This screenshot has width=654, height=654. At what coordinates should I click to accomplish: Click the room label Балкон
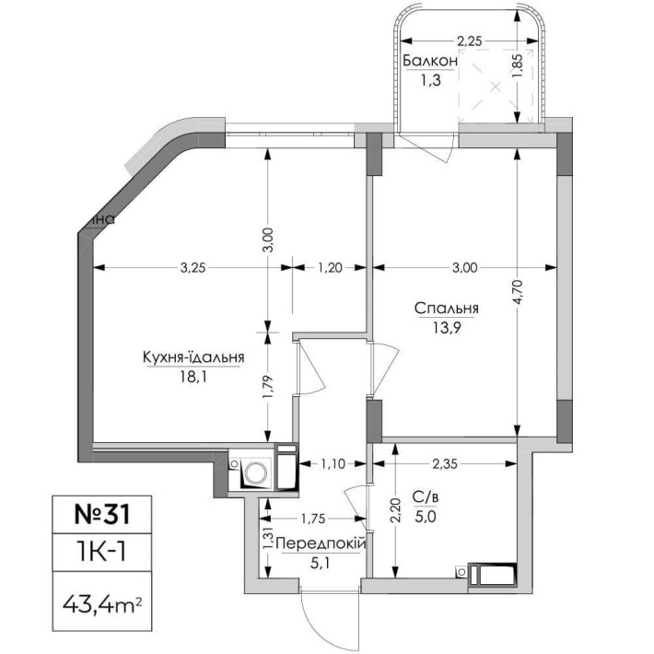[x=429, y=61]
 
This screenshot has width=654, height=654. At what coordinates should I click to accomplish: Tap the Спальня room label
[x=447, y=309]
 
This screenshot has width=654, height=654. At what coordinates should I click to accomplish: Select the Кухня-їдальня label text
[x=193, y=357]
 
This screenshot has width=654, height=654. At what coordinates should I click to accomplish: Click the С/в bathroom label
[x=425, y=497]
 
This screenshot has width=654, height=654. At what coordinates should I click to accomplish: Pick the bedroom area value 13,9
[x=447, y=328]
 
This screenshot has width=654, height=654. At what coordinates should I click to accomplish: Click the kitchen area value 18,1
[x=193, y=376]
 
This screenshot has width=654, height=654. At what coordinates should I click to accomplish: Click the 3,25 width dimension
[x=192, y=268]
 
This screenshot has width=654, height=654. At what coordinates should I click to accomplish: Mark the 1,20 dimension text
[x=330, y=268]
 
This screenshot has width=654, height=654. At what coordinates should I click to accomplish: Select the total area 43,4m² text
[x=101, y=606]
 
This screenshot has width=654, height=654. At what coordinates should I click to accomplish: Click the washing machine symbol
[x=254, y=473]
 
